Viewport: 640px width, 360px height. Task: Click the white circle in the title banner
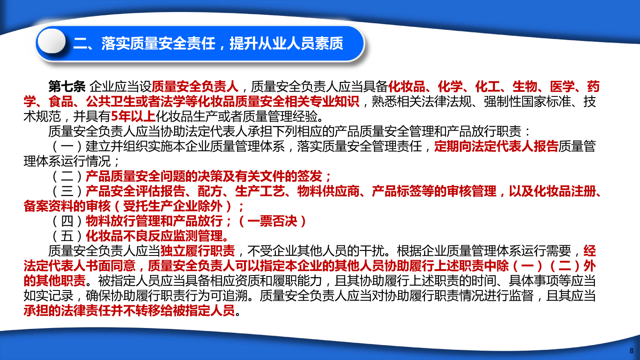(52, 41)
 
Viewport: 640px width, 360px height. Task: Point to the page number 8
(631, 350)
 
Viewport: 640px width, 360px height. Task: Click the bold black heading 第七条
(67, 86)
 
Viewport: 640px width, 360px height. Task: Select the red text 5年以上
(133, 116)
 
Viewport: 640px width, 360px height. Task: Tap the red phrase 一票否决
(272, 221)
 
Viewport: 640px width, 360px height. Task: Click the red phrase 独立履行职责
(198, 250)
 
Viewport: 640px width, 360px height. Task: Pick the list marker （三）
(67, 191)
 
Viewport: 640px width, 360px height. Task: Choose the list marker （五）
(67, 236)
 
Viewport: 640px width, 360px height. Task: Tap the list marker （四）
(67, 221)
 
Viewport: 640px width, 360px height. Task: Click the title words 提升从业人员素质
(286, 44)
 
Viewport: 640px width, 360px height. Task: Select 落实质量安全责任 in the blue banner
(158, 44)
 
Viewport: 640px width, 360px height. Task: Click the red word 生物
(525, 86)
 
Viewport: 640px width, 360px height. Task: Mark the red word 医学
(562, 86)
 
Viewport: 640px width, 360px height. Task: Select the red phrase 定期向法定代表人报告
(496, 146)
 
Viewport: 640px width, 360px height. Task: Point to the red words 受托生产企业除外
(172, 206)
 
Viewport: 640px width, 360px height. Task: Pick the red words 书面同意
(110, 265)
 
